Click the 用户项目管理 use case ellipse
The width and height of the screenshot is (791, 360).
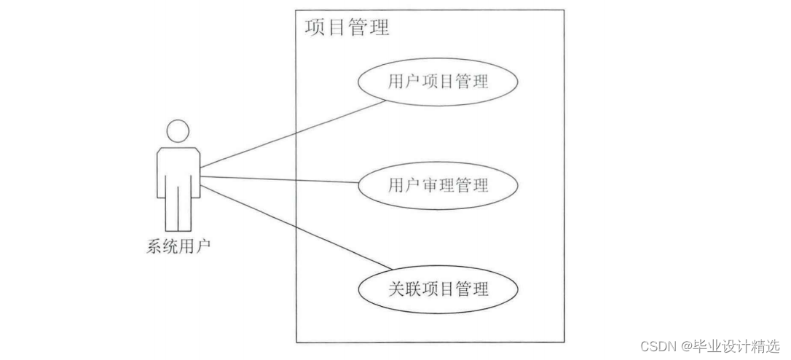click(x=438, y=82)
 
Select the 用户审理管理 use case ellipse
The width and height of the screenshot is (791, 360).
click(x=438, y=186)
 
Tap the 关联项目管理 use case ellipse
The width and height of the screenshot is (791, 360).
click(x=438, y=290)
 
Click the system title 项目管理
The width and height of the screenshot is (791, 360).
click(x=347, y=28)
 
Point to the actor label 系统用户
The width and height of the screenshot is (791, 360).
click(x=178, y=246)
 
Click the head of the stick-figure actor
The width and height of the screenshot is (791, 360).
click(x=178, y=132)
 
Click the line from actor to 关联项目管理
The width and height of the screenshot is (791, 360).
click(x=291, y=227)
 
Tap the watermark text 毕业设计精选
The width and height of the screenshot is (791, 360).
click(x=736, y=345)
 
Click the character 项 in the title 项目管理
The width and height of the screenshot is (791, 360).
click(x=315, y=28)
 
